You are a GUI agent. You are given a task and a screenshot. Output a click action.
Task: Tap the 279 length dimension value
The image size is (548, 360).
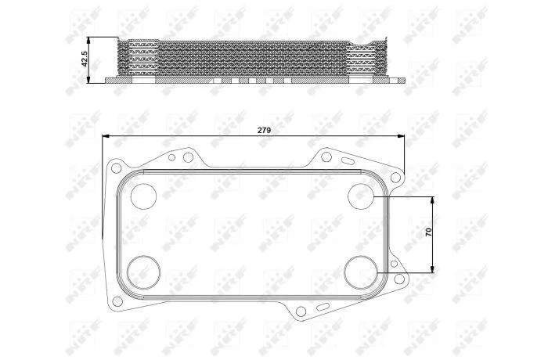[x=264, y=131]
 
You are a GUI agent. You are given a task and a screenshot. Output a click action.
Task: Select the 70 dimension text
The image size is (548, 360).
[x=429, y=232]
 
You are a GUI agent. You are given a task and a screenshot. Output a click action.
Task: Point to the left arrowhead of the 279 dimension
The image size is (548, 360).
[x=106, y=135]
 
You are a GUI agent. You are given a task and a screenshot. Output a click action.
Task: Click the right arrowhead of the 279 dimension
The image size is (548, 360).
[x=401, y=135]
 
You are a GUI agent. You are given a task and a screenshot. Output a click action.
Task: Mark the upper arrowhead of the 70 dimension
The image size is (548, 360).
[x=433, y=200]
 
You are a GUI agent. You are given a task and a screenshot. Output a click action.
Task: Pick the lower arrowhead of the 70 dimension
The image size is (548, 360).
[x=433, y=268]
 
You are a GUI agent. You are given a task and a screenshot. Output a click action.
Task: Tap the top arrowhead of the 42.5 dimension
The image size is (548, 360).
[x=89, y=41]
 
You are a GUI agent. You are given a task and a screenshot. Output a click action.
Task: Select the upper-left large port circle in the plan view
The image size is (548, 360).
[x=143, y=196]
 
